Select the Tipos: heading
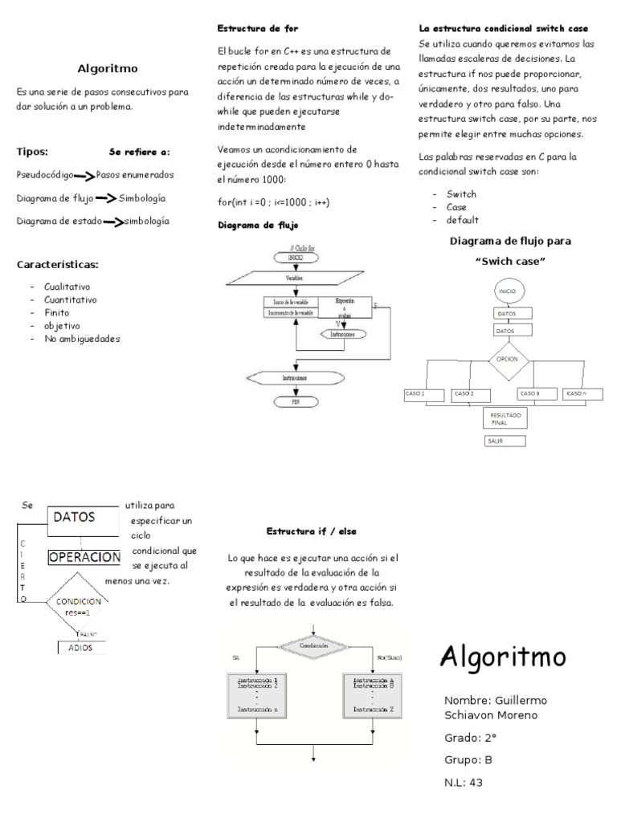pos(32,151)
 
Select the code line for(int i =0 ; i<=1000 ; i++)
pos(274,201)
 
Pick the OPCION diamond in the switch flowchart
pos(507,360)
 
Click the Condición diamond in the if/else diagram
pos(313,645)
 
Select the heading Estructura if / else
pos(311,531)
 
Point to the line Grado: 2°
pos(470,737)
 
